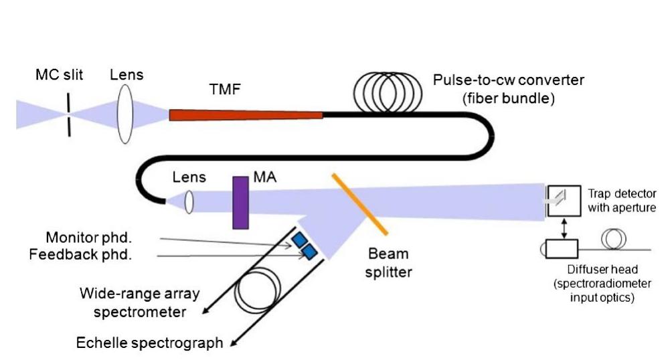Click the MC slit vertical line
click(68, 114)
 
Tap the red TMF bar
click(246, 115)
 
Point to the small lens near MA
click(189, 202)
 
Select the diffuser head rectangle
click(566, 248)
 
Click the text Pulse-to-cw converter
click(508, 80)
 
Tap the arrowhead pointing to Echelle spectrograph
click(234, 344)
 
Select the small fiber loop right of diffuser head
click(614, 239)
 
